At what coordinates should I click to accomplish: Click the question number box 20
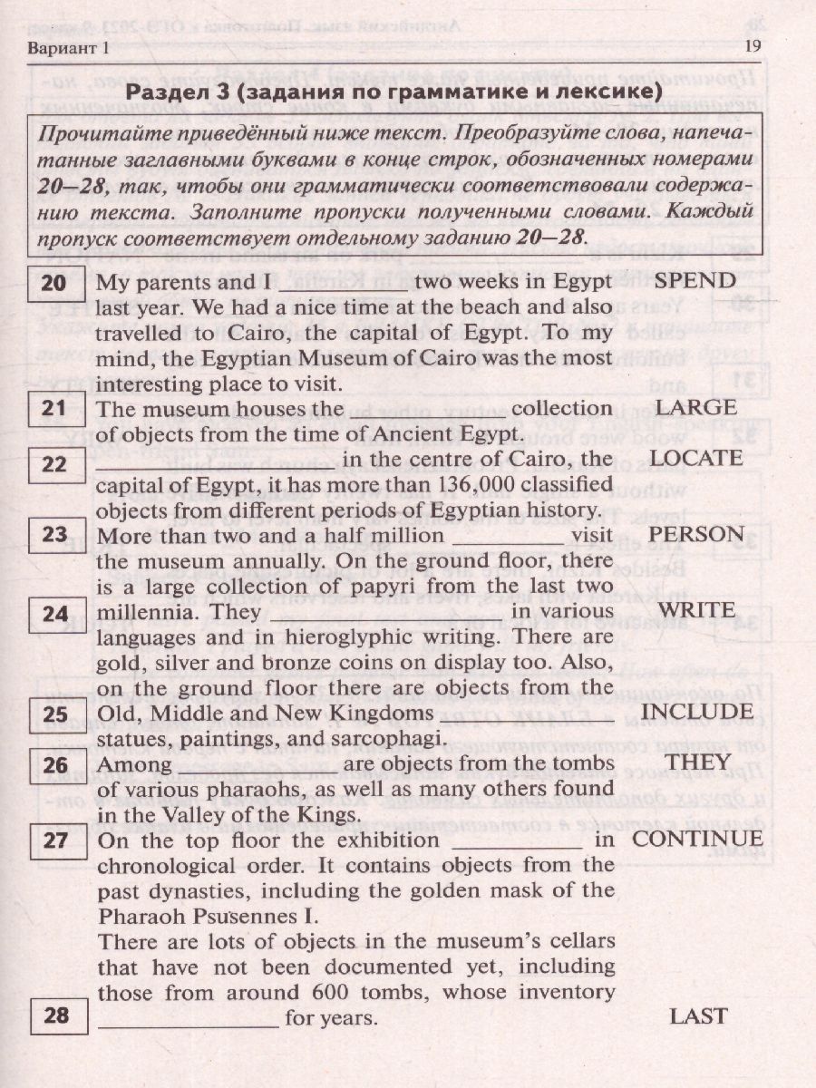click(55, 283)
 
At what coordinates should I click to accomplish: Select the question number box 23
click(55, 535)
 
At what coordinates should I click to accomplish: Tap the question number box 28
click(55, 1015)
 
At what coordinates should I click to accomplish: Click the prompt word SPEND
click(695, 280)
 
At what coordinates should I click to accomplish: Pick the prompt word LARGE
click(695, 408)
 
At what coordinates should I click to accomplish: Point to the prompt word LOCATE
click(696, 459)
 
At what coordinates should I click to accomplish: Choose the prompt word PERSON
click(696, 534)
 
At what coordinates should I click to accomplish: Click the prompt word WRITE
click(696, 611)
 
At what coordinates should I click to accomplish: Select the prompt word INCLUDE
click(696, 712)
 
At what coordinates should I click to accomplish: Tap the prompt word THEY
click(696, 763)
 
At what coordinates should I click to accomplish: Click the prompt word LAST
click(698, 1016)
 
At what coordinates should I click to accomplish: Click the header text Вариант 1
click(68, 47)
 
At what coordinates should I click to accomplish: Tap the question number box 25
click(55, 714)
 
